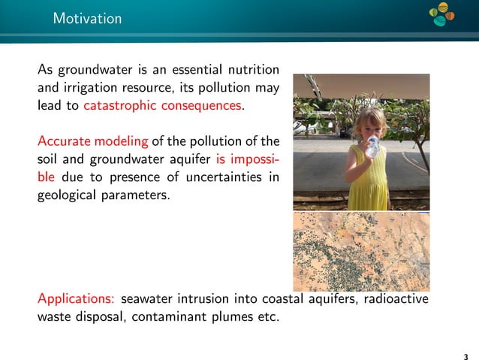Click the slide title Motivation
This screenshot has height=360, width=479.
point(87,19)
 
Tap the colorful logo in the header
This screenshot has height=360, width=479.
point(443,14)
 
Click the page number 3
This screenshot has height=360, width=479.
point(465,355)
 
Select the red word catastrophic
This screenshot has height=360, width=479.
point(121,106)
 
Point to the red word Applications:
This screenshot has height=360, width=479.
point(77,298)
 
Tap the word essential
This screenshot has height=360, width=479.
point(185,71)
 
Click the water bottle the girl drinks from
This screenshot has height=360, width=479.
point(371,146)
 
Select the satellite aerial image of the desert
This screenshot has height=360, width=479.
point(360,250)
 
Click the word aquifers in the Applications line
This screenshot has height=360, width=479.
point(328,298)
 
